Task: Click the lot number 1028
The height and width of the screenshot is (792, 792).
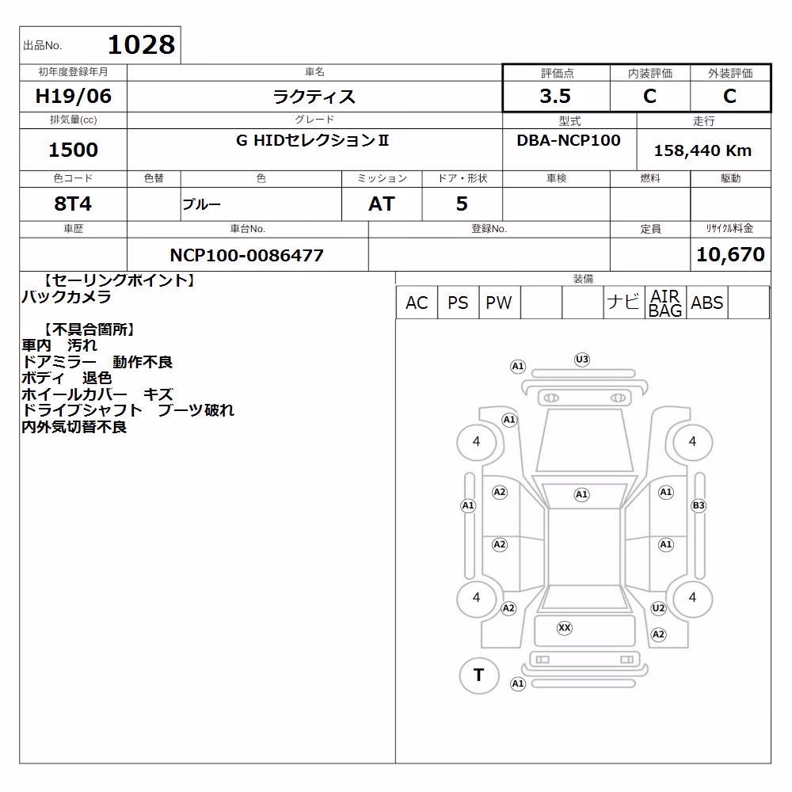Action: pos(142,44)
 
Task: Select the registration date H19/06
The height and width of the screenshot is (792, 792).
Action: pos(73,96)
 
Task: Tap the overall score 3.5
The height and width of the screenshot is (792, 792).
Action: pos(555,96)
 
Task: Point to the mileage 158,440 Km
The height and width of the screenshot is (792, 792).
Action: pos(703,150)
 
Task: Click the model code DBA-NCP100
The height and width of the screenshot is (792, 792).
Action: pos(568,140)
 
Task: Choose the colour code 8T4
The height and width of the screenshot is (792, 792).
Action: pos(73,204)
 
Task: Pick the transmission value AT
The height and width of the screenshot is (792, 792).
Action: pos(382,204)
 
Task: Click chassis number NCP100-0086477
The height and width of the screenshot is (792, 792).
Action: pos(246,255)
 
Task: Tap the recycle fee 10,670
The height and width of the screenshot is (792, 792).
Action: pos(730,254)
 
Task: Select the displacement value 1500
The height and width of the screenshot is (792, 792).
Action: pos(73,150)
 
